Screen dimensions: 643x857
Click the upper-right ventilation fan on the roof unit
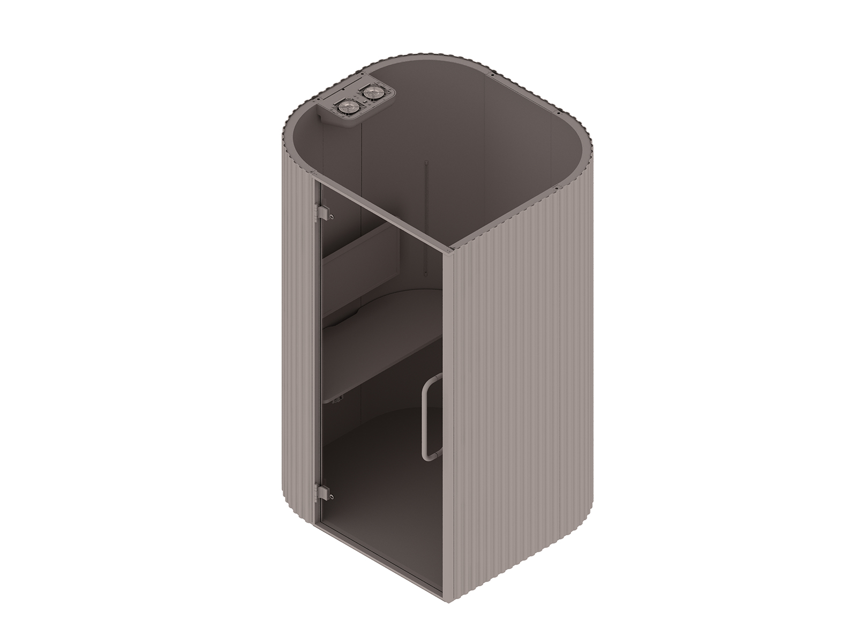(x=370, y=93)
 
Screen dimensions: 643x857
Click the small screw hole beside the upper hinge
(x=333, y=216)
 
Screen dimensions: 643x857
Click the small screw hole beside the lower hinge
(x=333, y=496)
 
